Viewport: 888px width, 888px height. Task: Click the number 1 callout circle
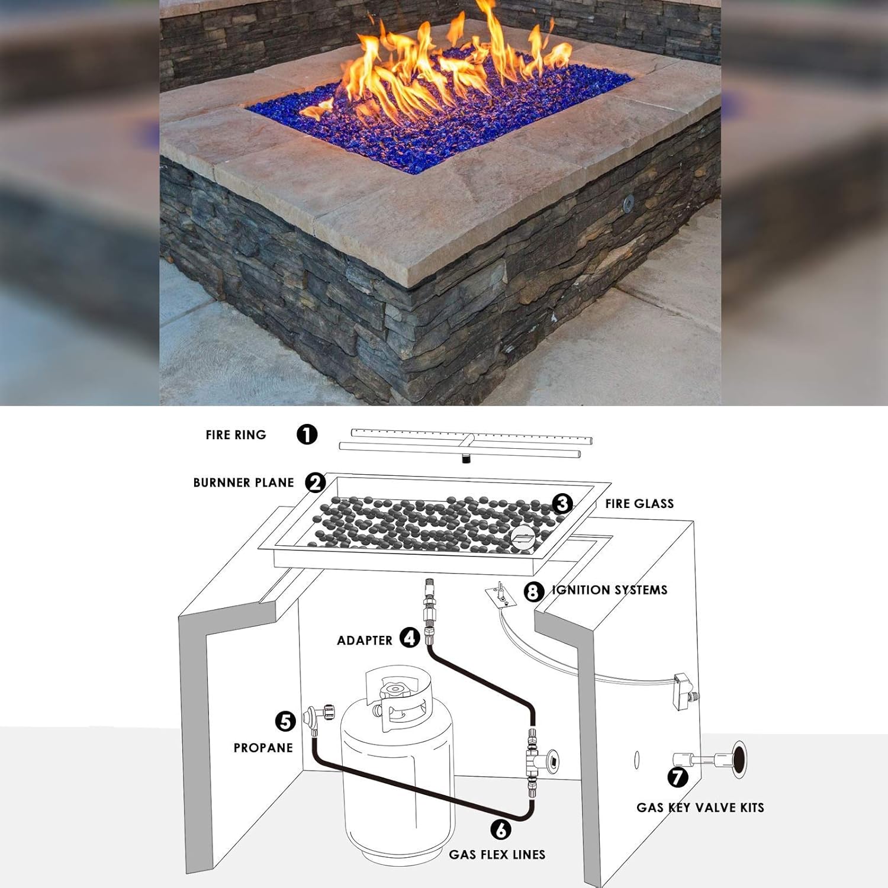tap(307, 435)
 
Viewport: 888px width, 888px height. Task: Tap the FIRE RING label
tap(236, 435)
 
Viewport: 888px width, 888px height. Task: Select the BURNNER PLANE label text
tap(243, 482)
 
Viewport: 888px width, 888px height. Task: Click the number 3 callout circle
tap(562, 503)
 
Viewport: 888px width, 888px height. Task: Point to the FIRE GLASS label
tap(639, 504)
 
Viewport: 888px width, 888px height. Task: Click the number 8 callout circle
tap(533, 591)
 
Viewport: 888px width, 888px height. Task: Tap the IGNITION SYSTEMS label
tap(610, 590)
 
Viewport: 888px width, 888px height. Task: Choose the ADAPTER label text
tap(365, 641)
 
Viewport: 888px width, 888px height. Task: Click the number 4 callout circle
tap(410, 638)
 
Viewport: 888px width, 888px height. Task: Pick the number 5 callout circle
tap(285, 721)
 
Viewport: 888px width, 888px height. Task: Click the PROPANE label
tap(263, 748)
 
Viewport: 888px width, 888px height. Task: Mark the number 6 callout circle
tap(501, 829)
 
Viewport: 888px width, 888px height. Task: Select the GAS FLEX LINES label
tap(497, 854)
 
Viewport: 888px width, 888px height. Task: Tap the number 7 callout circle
tap(678, 777)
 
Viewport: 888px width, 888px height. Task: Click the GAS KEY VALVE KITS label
tap(700, 807)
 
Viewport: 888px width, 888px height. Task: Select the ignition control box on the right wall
tap(686, 690)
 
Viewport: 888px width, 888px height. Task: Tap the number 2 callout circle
tap(316, 482)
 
